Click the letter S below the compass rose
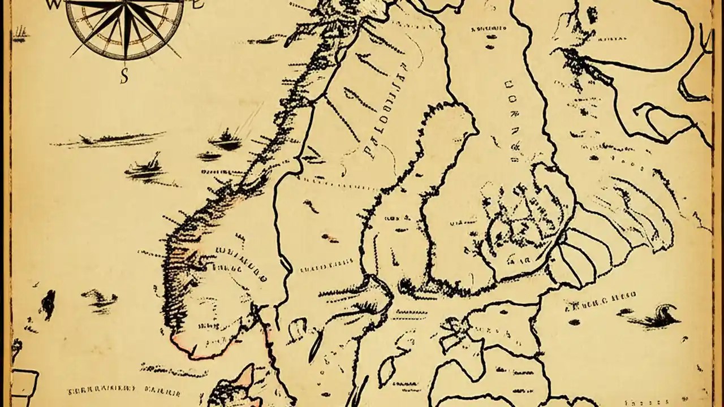[124, 76]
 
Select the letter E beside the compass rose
[197, 5]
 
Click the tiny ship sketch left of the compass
[21, 35]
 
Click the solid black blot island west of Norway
[49, 302]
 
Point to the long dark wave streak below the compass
[107, 139]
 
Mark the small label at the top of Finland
[488, 28]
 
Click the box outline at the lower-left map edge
[24, 387]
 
